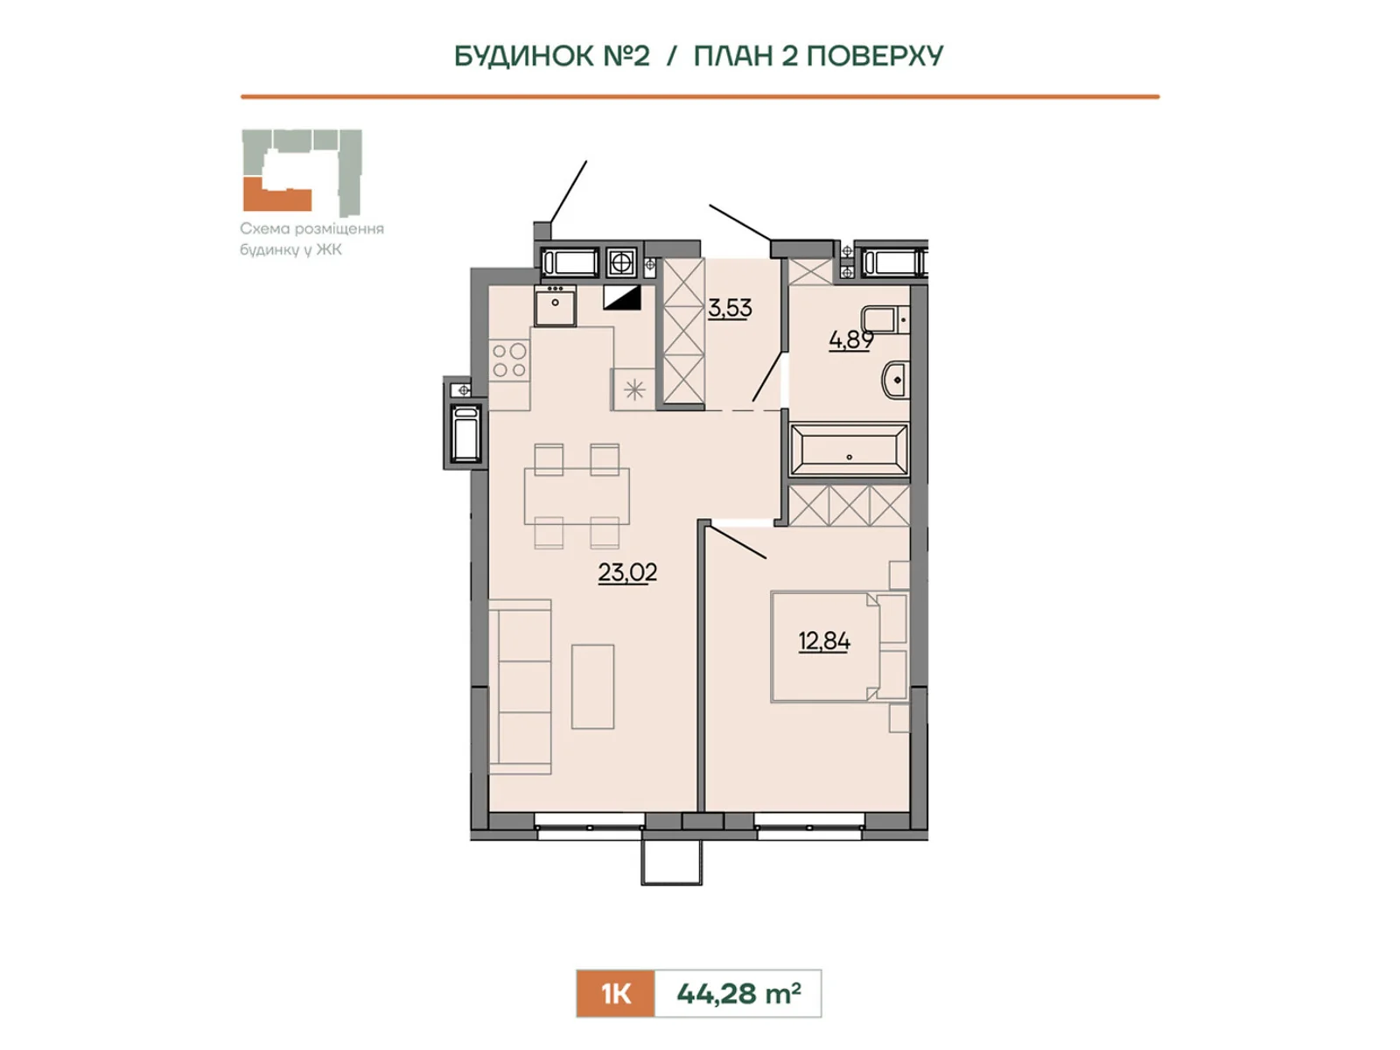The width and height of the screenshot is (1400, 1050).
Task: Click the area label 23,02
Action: point(627,572)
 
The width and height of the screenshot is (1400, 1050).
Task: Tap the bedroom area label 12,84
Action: point(824,640)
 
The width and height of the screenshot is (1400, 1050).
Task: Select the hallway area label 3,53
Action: point(730,308)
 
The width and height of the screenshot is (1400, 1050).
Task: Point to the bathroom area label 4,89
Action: point(850,339)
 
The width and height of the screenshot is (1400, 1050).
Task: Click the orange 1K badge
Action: point(615,993)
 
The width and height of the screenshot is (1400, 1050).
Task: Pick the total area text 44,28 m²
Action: point(738,993)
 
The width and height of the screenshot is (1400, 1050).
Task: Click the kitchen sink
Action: point(555,305)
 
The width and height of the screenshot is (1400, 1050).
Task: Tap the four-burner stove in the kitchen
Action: point(509,360)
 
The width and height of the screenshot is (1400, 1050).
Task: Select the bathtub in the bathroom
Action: point(849,450)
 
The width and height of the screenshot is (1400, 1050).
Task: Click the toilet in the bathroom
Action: point(885,318)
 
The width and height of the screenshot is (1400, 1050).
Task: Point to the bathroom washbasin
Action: point(895,380)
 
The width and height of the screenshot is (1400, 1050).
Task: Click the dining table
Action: point(577,496)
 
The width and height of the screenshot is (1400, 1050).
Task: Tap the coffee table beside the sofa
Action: point(592,686)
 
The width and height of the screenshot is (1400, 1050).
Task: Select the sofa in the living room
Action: point(520,687)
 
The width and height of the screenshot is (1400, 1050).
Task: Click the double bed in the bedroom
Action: point(839,647)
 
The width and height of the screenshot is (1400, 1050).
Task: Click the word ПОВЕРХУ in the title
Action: point(874,56)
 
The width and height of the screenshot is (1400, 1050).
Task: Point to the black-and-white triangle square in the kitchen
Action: point(621,297)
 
